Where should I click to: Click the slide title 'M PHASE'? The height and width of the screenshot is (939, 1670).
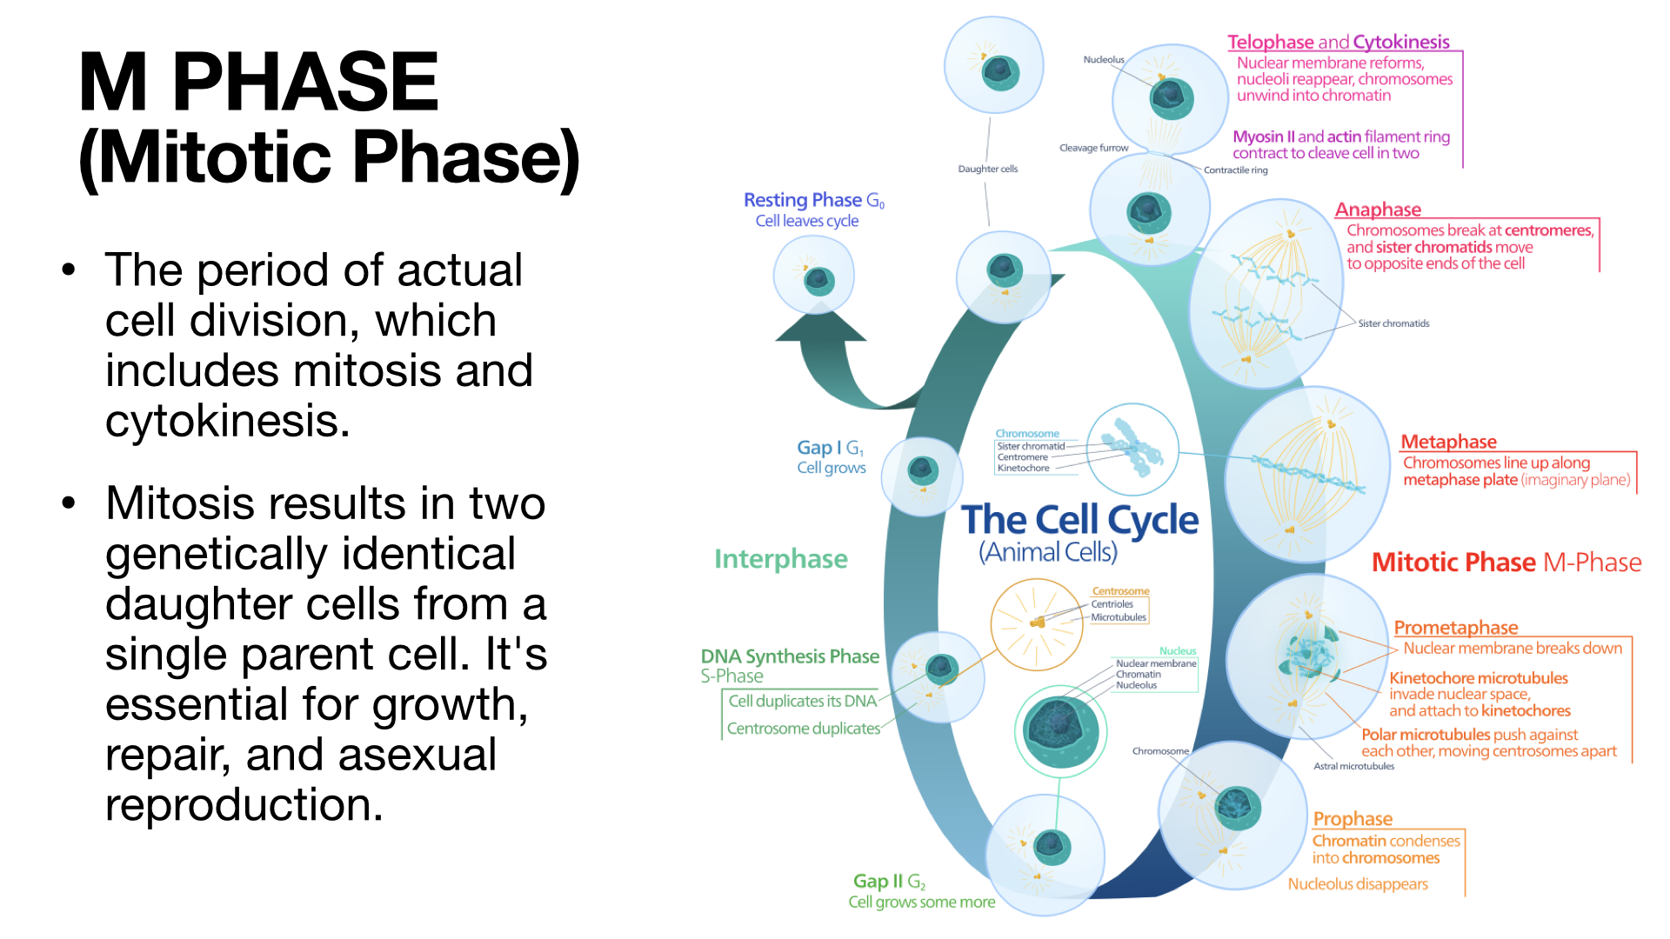[258, 82]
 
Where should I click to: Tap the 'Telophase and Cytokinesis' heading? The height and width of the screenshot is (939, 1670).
[1338, 42]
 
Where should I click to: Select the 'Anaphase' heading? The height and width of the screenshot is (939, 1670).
[1378, 210]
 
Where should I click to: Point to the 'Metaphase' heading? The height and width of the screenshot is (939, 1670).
[1448, 442]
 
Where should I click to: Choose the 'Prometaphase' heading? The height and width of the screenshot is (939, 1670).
[1455, 628]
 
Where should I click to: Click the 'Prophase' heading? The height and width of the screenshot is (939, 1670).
[1353, 819]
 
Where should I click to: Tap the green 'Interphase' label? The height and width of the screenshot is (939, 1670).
[780, 559]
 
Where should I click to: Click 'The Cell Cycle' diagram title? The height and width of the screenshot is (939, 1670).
[1079, 520]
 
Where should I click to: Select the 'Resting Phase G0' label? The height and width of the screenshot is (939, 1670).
[813, 200]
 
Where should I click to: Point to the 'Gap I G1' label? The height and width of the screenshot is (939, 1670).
[830, 448]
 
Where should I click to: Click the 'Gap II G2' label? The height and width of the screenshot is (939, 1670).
[889, 882]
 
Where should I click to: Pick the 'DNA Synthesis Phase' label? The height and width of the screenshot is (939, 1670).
[790, 656]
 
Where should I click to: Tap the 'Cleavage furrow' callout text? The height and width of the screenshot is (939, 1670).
[1093, 148]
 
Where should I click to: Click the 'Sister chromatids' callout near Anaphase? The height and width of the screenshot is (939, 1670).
[1393, 323]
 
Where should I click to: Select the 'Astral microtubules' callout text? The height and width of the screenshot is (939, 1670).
[1353, 766]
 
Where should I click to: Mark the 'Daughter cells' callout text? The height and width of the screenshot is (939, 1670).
[987, 169]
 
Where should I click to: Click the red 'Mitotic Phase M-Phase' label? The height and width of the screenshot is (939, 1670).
[1506, 563]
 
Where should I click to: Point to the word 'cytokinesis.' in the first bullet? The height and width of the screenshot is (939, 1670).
[227, 422]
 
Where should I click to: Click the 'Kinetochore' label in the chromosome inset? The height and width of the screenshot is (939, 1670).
[1023, 468]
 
